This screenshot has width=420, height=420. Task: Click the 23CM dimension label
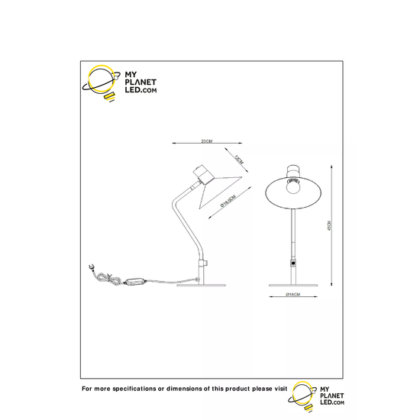point(205,141)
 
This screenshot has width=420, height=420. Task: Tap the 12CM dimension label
point(238,160)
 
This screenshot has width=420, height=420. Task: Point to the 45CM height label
point(329,228)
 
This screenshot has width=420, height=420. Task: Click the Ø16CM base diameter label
point(294,296)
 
